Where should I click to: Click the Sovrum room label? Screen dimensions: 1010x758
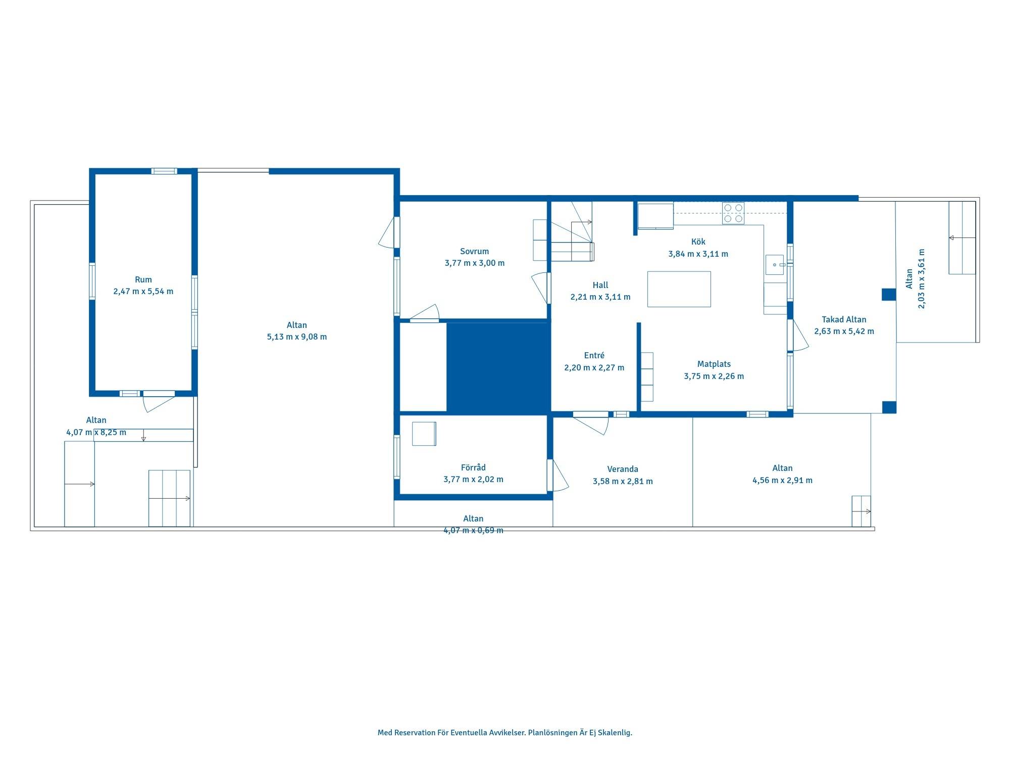pos(474,251)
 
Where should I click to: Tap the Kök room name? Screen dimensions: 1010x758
pos(698,242)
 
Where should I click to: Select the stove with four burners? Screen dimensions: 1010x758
pos(733,213)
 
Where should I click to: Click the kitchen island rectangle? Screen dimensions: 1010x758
pos(679,289)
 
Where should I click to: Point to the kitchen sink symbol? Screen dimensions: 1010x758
pos(775,265)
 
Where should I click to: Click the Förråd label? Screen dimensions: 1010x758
pos(473,467)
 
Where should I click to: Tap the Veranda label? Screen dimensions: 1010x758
pos(623,469)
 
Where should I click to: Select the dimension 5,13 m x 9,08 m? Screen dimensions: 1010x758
pos(297,337)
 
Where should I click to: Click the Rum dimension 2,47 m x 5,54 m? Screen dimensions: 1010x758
pos(143,292)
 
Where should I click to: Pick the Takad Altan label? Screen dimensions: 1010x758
pos(844,319)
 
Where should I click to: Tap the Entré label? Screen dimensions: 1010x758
pos(594,355)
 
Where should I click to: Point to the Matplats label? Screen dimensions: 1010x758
pos(714,364)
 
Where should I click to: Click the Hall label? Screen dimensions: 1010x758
pos(600,285)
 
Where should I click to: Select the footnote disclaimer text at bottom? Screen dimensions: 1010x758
pos(505,733)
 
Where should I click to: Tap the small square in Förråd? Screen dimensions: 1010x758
pos(424,434)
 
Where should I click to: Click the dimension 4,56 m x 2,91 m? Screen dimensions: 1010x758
pos(782,481)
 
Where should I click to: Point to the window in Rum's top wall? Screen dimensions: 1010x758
pos(165,171)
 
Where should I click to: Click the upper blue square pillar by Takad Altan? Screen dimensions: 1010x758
pos(889,295)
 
